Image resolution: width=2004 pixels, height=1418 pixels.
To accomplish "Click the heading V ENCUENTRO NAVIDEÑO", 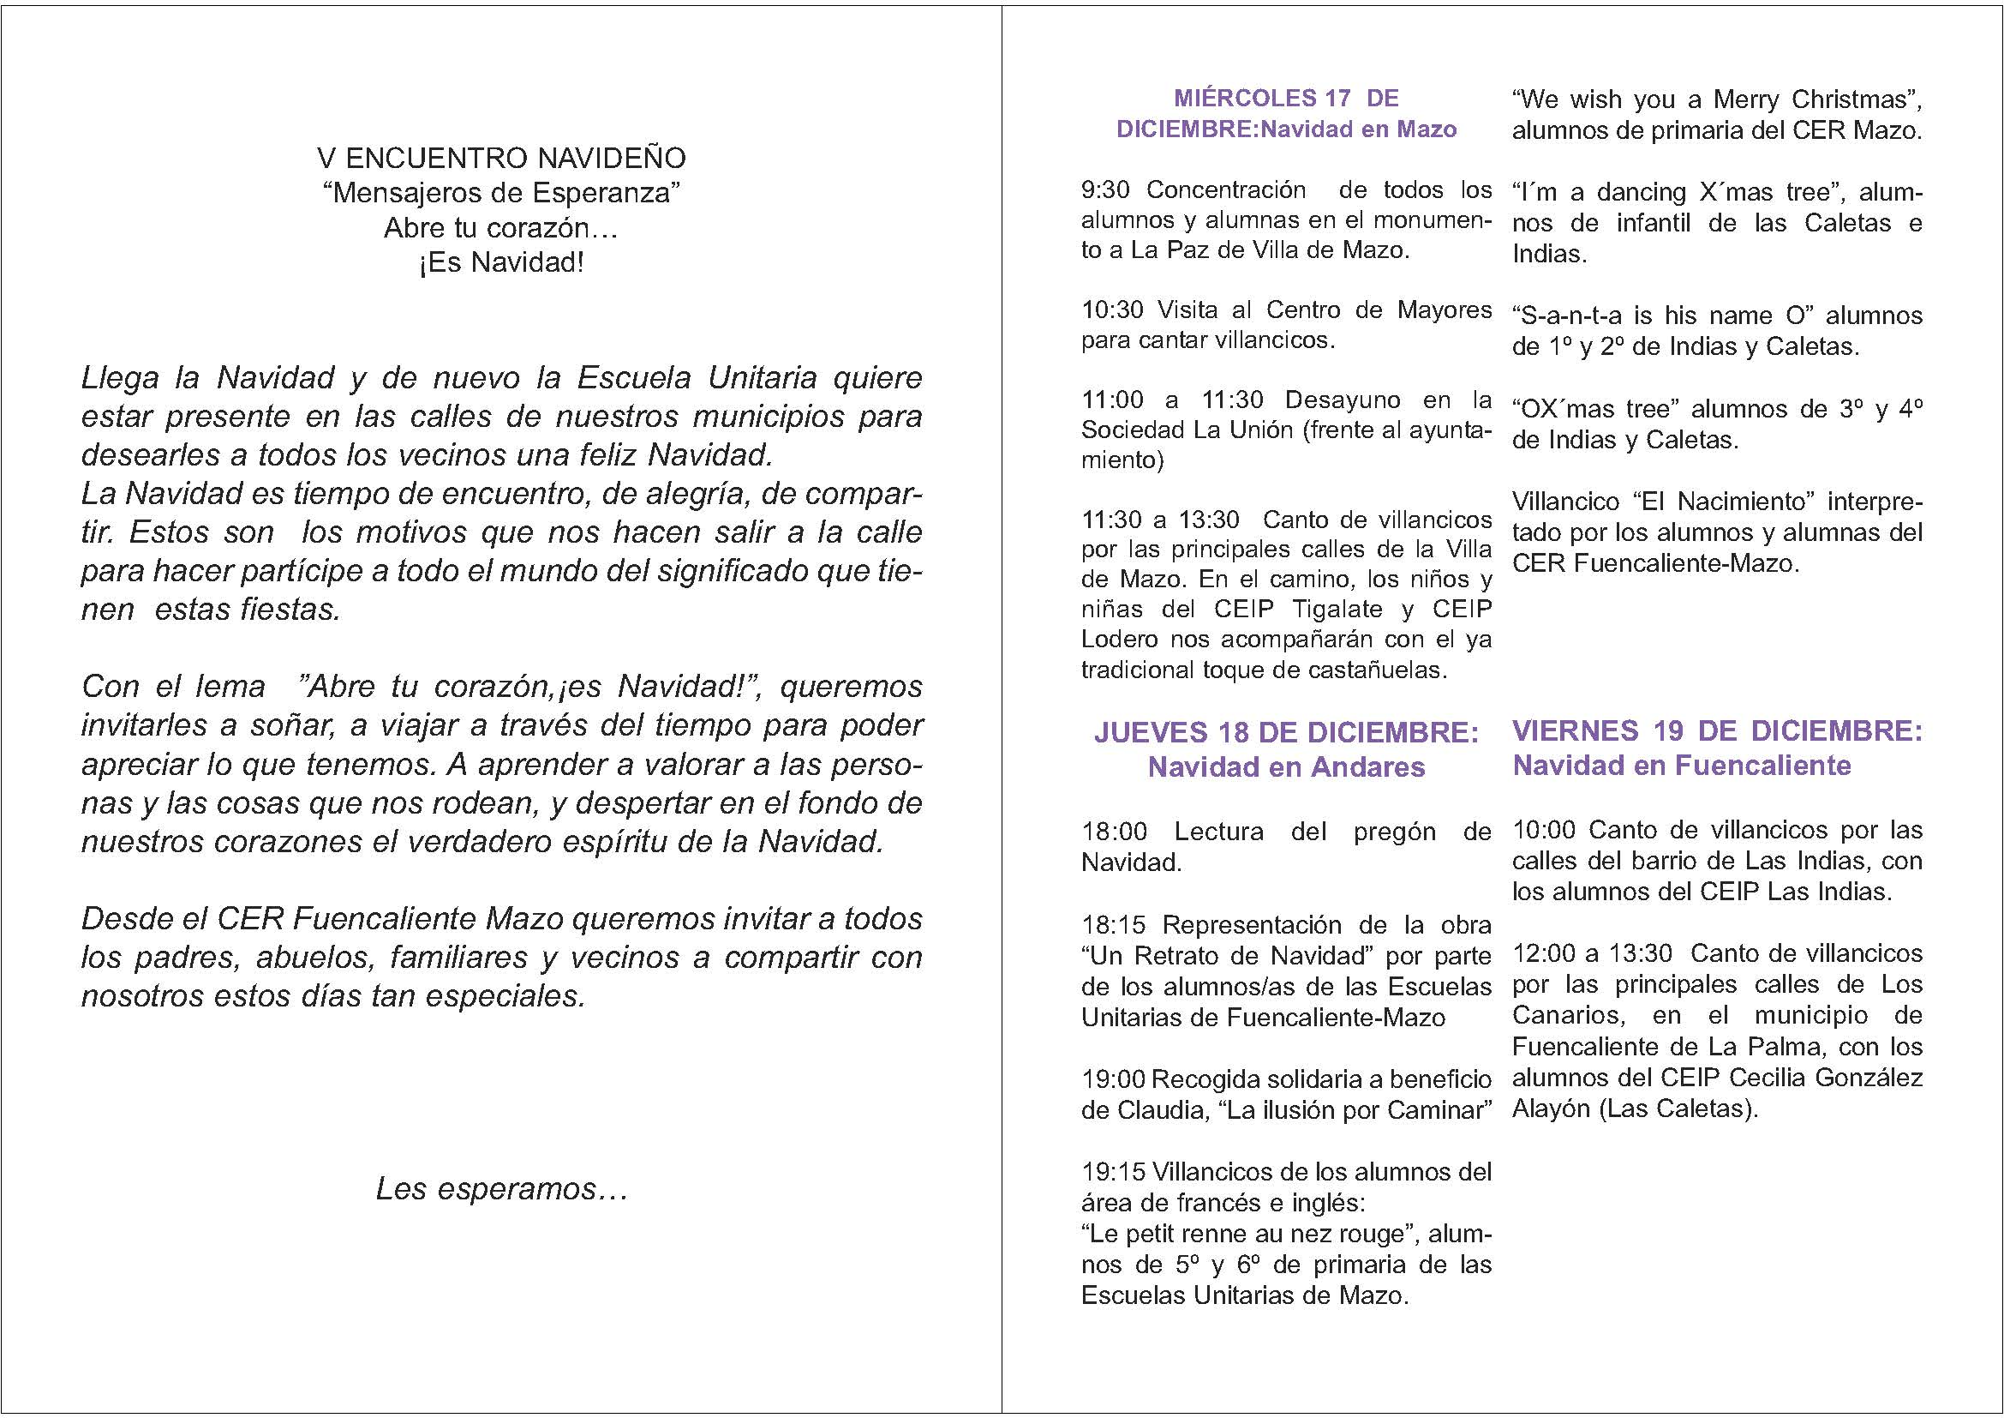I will click(x=501, y=158).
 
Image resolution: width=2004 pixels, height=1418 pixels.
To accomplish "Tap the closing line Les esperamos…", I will click(x=501, y=1189).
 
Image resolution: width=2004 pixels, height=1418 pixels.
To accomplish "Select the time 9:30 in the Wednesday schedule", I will click(x=1105, y=189).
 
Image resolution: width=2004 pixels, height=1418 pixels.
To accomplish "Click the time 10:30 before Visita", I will click(x=1111, y=310).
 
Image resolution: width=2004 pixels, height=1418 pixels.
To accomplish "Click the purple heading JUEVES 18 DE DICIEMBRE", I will click(x=1286, y=731).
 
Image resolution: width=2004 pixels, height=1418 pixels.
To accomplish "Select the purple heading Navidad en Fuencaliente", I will click(x=1681, y=765).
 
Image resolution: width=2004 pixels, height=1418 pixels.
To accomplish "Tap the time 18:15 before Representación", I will click(x=1113, y=925).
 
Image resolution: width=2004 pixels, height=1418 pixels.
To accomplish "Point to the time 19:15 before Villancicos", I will click(x=1113, y=1172).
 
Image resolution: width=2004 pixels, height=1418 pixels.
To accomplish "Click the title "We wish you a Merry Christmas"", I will click(x=1717, y=99).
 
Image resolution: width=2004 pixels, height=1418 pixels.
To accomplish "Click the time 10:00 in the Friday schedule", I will click(x=1544, y=830).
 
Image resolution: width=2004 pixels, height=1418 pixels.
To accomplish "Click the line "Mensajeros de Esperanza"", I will click(x=501, y=192).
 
